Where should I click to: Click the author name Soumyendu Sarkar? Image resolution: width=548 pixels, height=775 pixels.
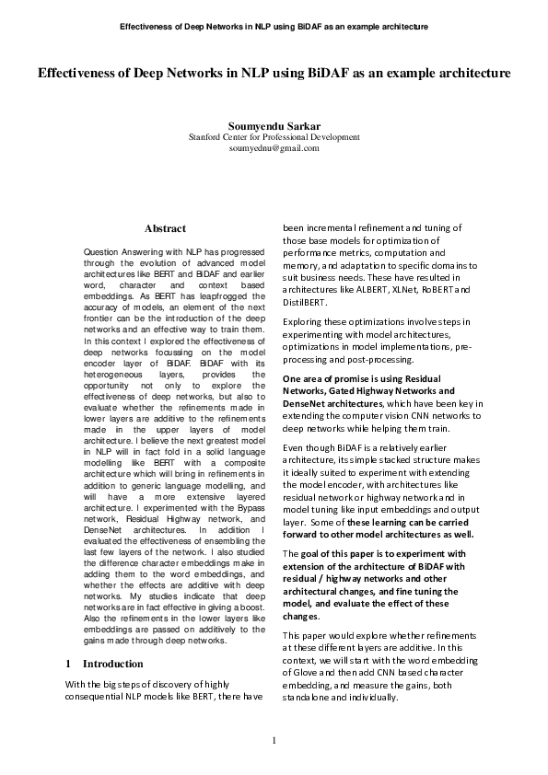tap(274, 124)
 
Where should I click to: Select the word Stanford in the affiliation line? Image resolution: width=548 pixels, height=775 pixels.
tap(207, 136)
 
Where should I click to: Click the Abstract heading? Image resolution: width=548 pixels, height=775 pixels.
tap(165, 228)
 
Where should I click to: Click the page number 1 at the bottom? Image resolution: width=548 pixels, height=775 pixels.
tap(274, 741)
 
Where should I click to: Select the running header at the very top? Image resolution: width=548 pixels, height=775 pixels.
tap(274, 27)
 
